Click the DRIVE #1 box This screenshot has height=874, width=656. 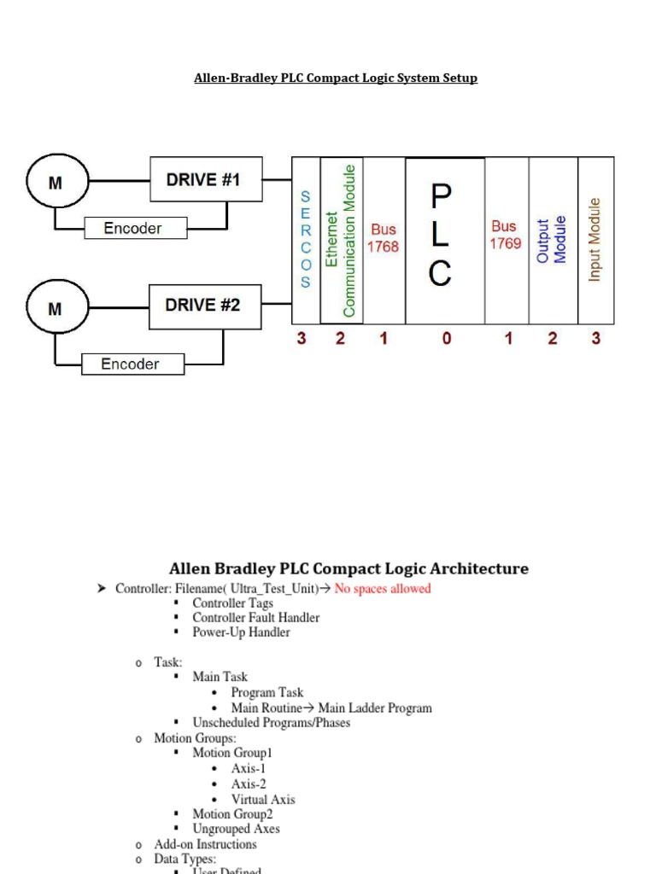click(x=206, y=180)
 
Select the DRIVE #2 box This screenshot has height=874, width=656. click(x=205, y=306)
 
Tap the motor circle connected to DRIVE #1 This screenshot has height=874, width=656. click(x=55, y=183)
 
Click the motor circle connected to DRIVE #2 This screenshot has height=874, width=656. click(x=55, y=309)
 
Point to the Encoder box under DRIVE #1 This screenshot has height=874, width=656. click(x=132, y=228)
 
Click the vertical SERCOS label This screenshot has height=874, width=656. click(x=306, y=239)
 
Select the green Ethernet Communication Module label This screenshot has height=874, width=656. click(x=341, y=241)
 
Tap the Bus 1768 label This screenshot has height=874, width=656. click(x=384, y=238)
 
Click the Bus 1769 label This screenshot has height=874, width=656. click(x=505, y=235)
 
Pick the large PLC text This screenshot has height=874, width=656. click(x=441, y=236)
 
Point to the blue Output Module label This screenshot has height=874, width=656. click(x=551, y=240)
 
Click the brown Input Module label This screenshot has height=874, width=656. click(x=595, y=240)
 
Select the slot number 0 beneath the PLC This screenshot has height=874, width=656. click(x=446, y=339)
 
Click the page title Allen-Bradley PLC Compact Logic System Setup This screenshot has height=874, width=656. click(x=336, y=79)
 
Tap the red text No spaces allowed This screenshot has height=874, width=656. click(x=382, y=589)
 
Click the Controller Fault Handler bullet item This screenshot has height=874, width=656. click(x=255, y=618)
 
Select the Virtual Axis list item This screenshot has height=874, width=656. click(x=262, y=800)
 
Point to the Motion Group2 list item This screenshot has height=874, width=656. click(x=232, y=814)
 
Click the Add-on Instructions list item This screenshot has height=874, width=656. click(x=205, y=844)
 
